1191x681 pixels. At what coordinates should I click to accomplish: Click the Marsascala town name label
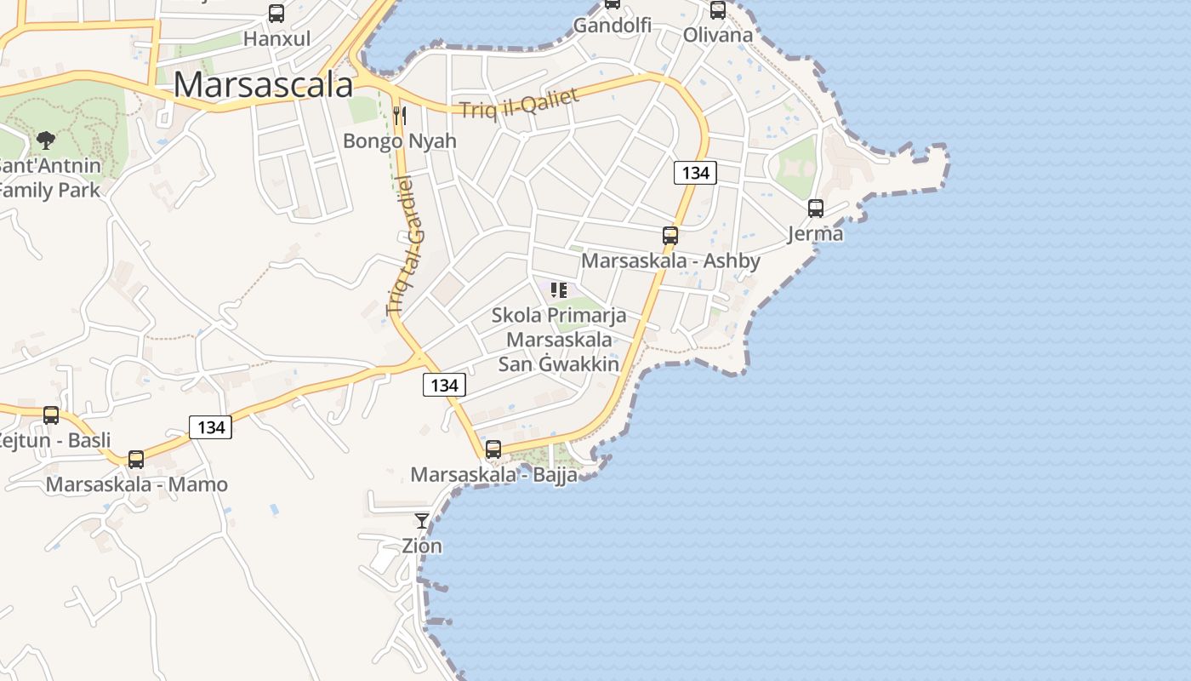pos(263,85)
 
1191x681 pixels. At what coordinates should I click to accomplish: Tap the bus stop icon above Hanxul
pos(276,14)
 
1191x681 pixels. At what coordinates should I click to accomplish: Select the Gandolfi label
pos(612,26)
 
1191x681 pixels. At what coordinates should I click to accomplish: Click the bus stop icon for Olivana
pos(718,10)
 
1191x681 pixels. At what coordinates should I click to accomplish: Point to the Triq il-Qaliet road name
pos(519,102)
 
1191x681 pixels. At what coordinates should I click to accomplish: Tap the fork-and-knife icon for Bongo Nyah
pos(400,115)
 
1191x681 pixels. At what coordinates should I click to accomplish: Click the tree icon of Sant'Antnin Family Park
pos(46,140)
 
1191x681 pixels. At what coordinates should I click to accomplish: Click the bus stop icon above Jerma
pos(816,208)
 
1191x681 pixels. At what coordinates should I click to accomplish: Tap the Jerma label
pos(815,233)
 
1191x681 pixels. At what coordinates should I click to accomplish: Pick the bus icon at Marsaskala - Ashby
pos(670,236)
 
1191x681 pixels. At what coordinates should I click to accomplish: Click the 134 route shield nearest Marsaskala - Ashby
pos(695,173)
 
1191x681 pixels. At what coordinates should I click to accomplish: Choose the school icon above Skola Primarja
pos(559,290)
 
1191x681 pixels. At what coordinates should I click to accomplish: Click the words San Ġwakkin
pos(558,364)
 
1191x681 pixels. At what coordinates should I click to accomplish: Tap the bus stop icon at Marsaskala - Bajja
pos(493,449)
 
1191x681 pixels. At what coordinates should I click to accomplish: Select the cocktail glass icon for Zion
pos(422,520)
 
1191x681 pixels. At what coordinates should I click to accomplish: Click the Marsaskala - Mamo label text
pos(137,484)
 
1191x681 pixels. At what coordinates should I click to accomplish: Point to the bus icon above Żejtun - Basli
pos(51,415)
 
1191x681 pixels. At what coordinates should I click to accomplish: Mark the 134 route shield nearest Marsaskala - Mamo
pos(210,427)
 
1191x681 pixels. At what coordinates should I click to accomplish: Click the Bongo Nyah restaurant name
pos(400,140)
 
